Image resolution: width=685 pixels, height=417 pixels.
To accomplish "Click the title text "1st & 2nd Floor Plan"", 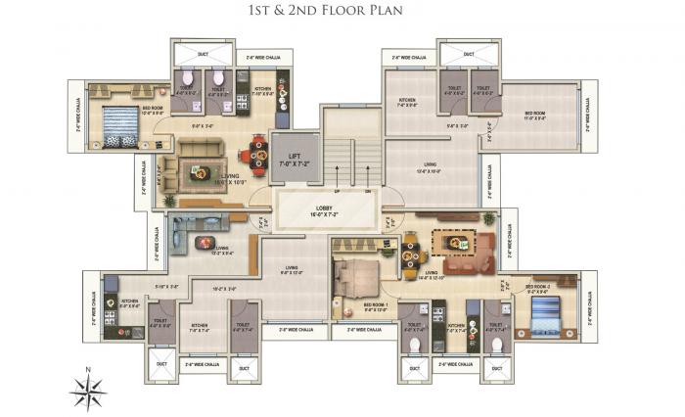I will point(342,11).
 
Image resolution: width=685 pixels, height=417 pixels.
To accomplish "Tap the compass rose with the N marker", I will point(87,390).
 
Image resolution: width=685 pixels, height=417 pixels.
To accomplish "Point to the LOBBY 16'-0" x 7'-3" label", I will point(326,209).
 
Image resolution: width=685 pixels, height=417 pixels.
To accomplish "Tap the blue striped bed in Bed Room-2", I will point(544,314).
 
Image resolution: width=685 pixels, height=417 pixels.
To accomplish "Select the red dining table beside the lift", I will point(257,154).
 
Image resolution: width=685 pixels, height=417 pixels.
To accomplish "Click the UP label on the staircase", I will point(336,193).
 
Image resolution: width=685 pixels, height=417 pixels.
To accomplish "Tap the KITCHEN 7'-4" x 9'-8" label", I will point(408,102).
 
